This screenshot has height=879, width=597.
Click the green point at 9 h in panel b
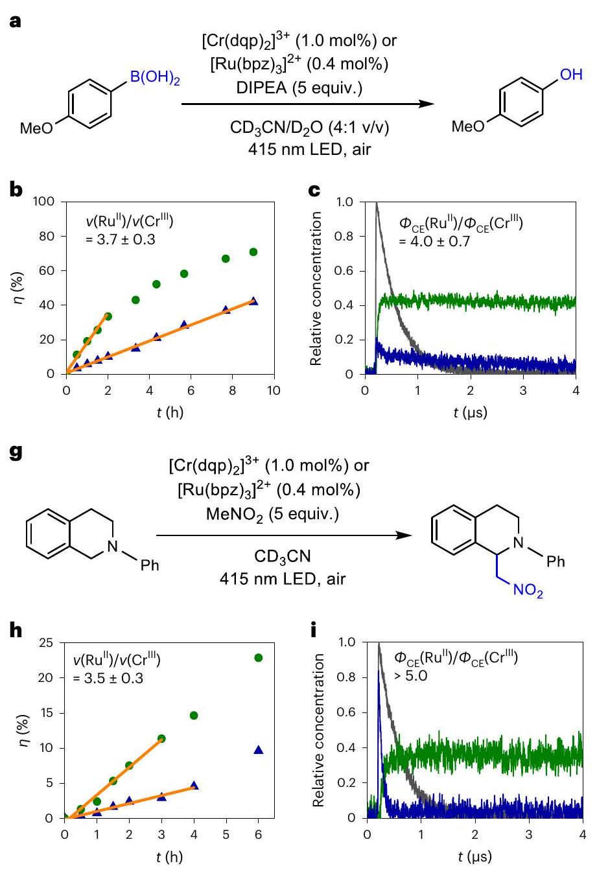click(x=253, y=252)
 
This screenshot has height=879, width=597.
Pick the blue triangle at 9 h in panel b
click(x=253, y=301)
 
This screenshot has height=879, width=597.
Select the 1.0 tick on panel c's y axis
click(x=345, y=202)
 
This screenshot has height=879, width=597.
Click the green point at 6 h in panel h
click(x=259, y=658)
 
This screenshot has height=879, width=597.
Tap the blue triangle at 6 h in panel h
click(x=259, y=750)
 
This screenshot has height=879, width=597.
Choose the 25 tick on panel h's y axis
click(x=46, y=643)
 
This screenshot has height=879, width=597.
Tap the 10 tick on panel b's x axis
click(x=274, y=391)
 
